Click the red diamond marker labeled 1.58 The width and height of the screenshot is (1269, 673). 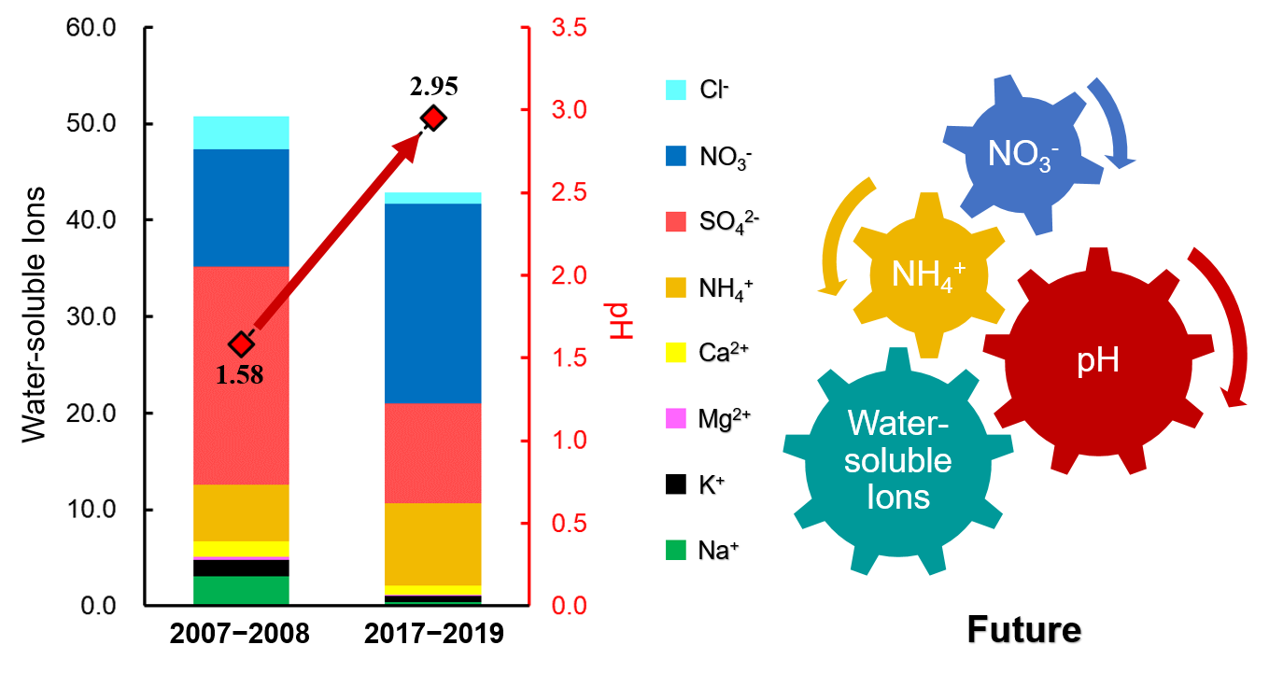coord(242,344)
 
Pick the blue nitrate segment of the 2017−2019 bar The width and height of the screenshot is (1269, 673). coord(434,302)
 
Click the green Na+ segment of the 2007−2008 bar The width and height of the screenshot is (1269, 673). coord(242,591)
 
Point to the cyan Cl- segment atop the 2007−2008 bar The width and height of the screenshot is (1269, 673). coord(242,133)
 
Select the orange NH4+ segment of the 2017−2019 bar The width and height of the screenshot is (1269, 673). coord(434,543)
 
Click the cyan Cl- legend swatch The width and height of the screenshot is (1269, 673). coord(675,90)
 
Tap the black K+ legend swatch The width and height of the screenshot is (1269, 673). coord(675,484)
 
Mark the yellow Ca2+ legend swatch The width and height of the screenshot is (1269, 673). coord(675,352)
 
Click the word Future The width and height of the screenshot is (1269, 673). coord(1023,630)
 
